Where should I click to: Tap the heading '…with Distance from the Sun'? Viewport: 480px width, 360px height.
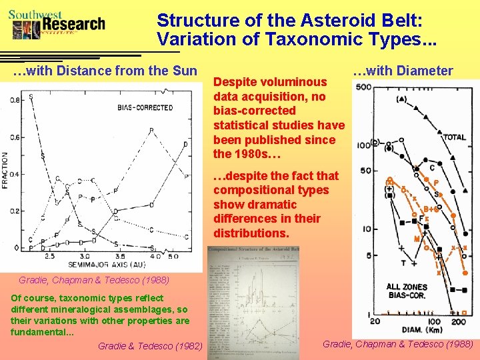coord(105,71)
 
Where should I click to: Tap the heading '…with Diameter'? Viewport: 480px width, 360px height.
coord(403,71)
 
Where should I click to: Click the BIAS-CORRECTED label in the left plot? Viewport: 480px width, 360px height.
coord(145,108)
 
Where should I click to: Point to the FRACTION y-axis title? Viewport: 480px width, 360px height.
coord(6,171)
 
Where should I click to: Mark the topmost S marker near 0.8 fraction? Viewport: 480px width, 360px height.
coord(31,97)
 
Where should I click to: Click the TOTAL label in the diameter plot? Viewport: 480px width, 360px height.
coord(455,137)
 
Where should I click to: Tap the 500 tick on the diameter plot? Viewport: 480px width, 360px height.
coord(364,87)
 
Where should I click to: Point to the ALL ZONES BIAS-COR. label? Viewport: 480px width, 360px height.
coord(407,292)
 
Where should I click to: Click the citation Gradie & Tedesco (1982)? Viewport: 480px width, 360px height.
coord(150,345)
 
